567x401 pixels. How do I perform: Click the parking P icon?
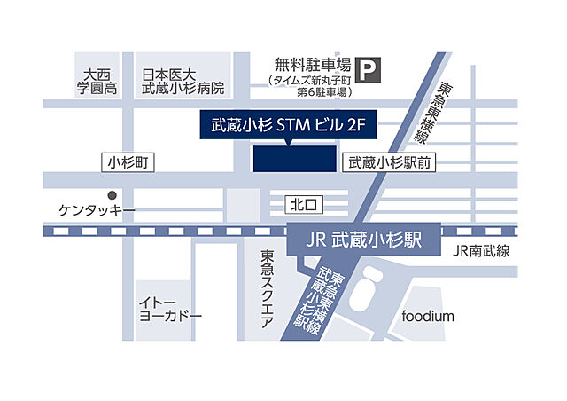366,66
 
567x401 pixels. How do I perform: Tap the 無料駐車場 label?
310,65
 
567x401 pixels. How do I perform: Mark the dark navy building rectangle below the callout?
294,159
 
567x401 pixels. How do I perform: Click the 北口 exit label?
304,205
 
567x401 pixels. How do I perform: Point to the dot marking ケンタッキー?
112,195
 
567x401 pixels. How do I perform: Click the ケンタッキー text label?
97,211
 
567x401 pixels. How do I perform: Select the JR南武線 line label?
480,251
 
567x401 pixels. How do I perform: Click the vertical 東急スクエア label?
267,289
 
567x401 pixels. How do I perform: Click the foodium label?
427,316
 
